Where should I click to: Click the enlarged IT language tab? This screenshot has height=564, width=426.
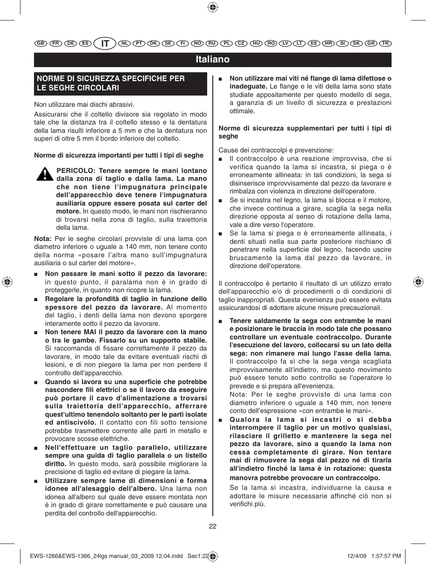(105, 43)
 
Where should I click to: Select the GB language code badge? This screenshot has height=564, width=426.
(41, 43)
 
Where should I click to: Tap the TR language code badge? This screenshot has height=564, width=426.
(385, 43)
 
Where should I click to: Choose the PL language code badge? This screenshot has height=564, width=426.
(226, 43)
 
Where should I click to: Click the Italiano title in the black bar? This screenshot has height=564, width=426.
(212, 60)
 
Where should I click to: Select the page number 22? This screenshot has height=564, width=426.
(212, 526)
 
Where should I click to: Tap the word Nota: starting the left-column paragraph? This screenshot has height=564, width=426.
(43, 239)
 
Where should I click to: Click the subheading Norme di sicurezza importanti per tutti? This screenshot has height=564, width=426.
(119, 155)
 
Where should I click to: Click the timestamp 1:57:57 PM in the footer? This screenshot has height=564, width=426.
(384, 556)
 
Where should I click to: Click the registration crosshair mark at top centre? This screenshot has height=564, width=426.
(212, 7)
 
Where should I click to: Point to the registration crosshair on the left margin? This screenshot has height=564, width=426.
(7, 282)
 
